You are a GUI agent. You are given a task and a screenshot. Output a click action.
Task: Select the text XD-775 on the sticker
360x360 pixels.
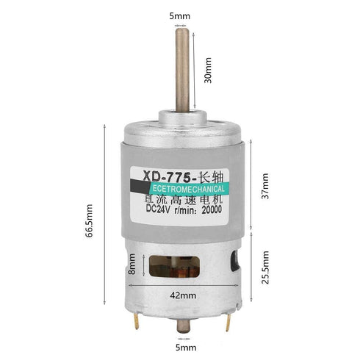coord(166,177)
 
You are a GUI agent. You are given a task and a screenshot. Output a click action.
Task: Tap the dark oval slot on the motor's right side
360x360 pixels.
coord(235,262)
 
